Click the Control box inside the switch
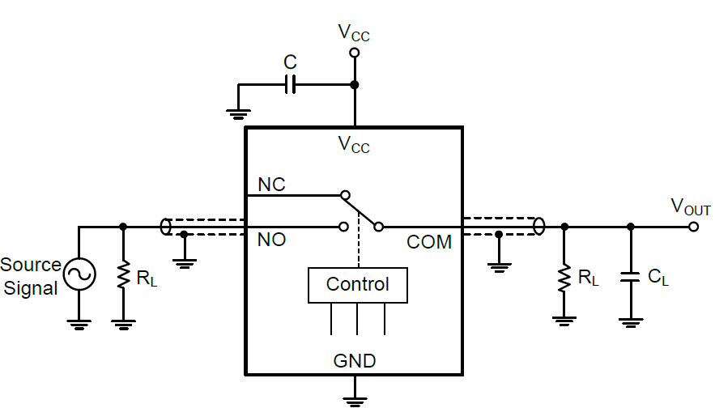pos(357,285)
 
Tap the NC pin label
pos(271,185)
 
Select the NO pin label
pos(272,240)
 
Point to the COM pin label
pos(428,241)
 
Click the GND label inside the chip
pos(355,360)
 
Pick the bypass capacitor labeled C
pos(291,83)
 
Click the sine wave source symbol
pos(79,275)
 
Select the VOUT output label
pos(691,206)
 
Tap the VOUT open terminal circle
pos(693,227)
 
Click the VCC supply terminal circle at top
pos(354,53)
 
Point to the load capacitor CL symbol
pos(631,277)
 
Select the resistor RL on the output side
pos(564,278)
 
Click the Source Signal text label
pos(31,276)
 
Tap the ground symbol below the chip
pos(354,397)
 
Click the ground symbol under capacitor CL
pos(631,321)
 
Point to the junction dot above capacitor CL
pos(631,227)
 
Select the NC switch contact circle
pos(344,195)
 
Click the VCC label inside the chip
pos(354,146)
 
